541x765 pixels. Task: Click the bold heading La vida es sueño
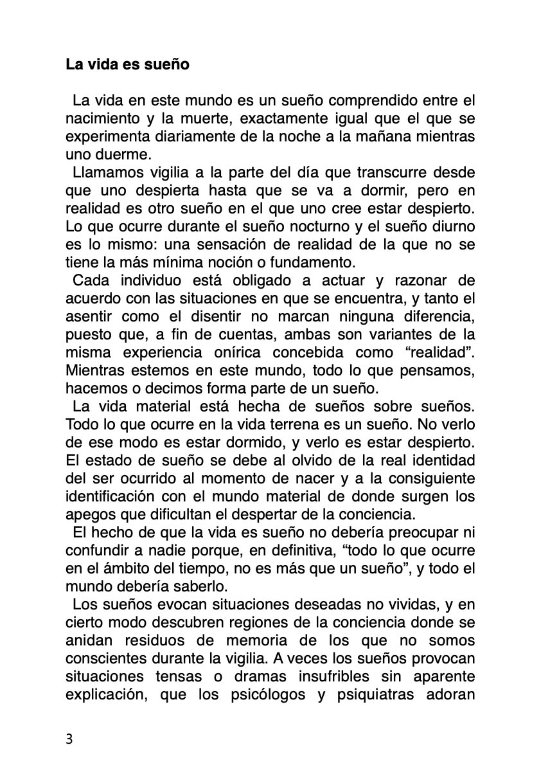click(127, 65)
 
